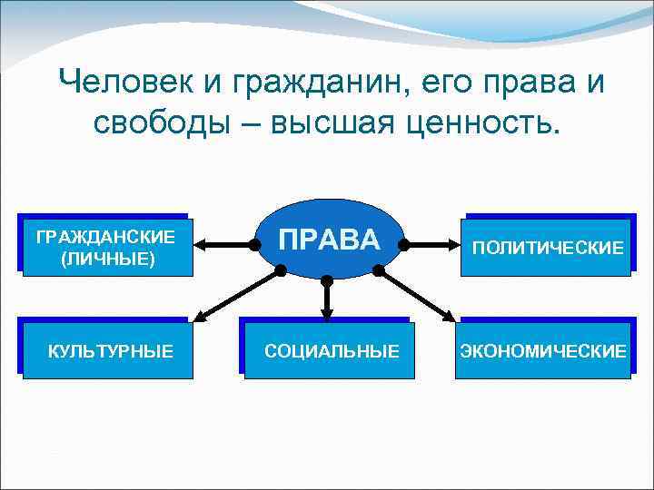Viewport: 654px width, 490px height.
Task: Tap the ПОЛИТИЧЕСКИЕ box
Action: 547,248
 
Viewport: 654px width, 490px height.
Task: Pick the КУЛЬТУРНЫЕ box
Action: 110,350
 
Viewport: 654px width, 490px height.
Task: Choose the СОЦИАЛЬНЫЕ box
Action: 331,350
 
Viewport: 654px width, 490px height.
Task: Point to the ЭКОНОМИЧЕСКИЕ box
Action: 543,350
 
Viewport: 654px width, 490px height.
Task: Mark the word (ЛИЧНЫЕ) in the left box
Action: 105,260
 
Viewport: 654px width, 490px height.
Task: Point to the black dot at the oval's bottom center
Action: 327,280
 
